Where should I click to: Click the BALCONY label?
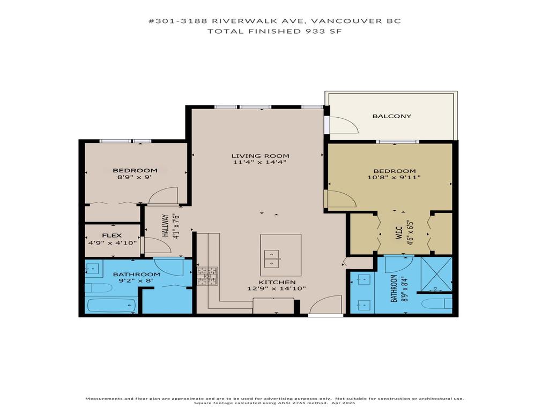tap(391, 116)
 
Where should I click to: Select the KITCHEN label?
tap(277, 282)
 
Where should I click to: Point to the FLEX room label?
tap(112, 235)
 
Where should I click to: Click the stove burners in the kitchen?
tap(207, 276)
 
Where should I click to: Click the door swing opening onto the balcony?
tap(343, 125)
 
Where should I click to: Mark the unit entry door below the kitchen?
tap(325, 306)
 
